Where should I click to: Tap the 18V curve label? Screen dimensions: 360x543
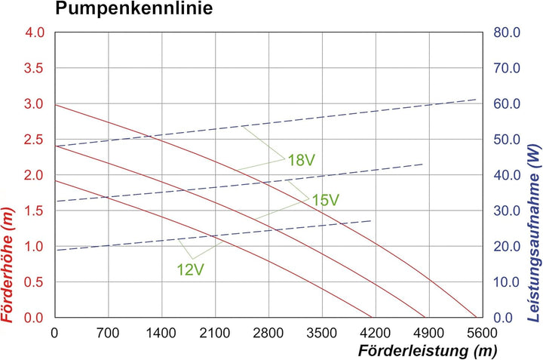click(x=301, y=159)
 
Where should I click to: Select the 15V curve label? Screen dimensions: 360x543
click(x=326, y=200)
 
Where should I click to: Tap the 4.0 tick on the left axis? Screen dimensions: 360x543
click(x=35, y=32)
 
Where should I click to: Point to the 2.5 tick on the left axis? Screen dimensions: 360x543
click(x=35, y=140)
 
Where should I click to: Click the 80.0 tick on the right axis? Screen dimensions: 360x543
click(x=506, y=32)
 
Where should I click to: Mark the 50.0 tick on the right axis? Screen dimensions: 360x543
click(x=506, y=140)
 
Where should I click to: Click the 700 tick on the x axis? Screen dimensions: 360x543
click(x=109, y=331)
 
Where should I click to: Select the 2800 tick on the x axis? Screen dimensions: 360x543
click(x=268, y=331)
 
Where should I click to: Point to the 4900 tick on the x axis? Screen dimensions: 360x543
click(x=428, y=331)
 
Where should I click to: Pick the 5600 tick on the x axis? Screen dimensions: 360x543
click(x=481, y=331)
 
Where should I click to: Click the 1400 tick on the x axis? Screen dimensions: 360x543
click(x=161, y=331)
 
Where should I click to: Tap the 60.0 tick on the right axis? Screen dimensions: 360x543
click(x=506, y=104)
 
